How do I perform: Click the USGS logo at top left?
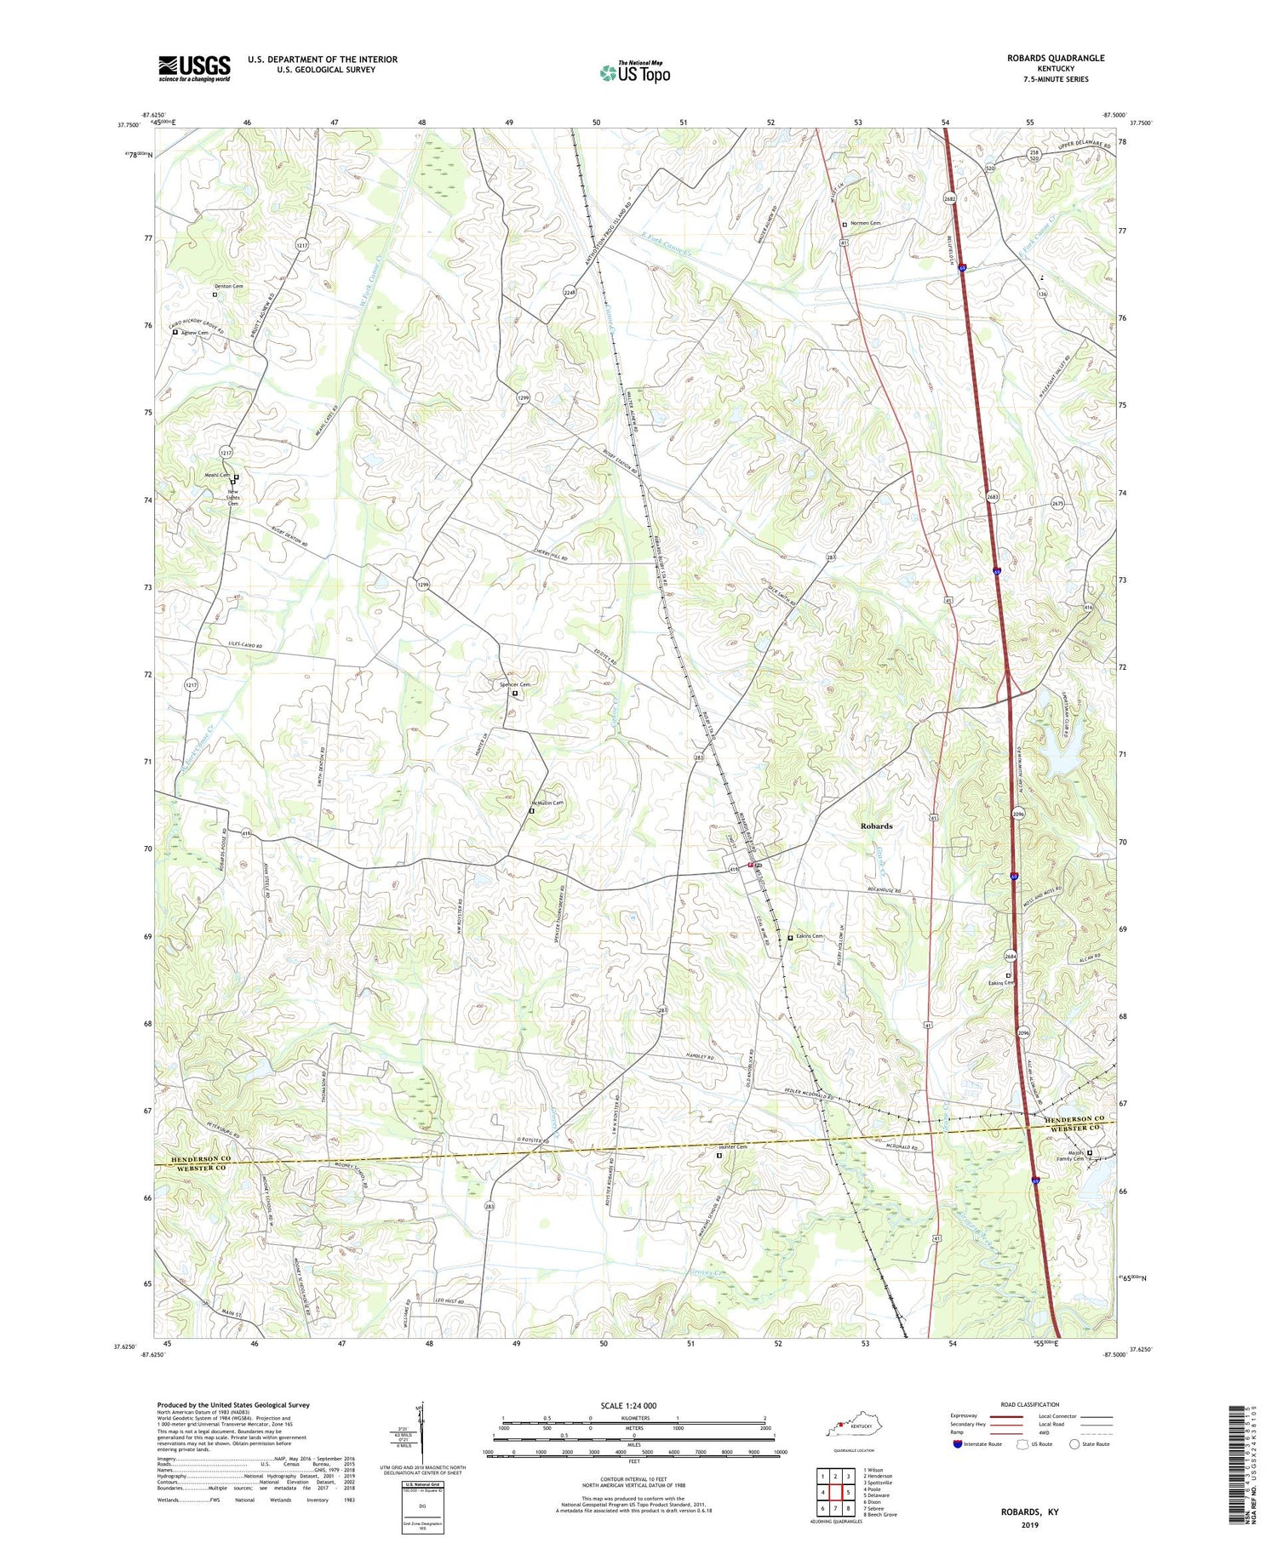(x=194, y=68)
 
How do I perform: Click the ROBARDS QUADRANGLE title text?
(x=1057, y=58)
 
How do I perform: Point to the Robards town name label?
(x=876, y=826)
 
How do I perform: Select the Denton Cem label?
(x=228, y=287)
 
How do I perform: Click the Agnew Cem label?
(x=194, y=333)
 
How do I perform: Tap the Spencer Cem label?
(x=514, y=685)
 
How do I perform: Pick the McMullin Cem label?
(x=547, y=803)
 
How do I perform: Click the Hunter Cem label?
(x=733, y=1147)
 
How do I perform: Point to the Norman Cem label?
(x=865, y=224)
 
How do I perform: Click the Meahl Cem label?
(x=216, y=476)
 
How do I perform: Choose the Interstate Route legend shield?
(x=957, y=1444)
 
